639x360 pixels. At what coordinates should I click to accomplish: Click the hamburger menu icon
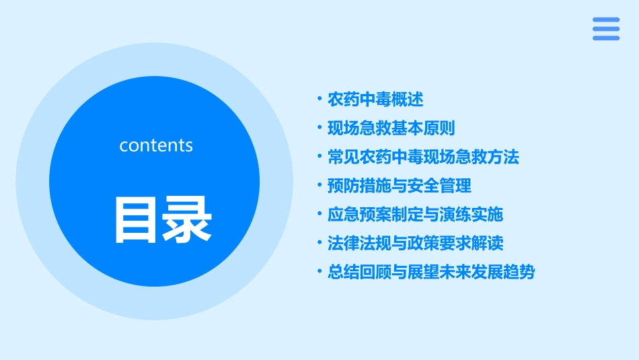pos(606,29)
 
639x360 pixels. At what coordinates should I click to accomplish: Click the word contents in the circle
pos(156,145)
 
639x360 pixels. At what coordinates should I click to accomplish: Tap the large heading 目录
pos(163,219)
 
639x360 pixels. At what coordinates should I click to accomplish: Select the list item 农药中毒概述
pos(375,100)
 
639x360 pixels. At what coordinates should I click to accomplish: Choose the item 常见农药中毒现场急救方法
pos(423,157)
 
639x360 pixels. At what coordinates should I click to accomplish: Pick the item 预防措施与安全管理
pos(400,186)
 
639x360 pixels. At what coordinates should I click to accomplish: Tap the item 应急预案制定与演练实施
pos(415,215)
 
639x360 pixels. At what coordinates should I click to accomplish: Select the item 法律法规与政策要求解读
pos(415,243)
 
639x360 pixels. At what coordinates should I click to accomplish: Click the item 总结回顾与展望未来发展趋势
pos(431,272)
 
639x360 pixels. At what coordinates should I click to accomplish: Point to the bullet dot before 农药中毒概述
pos(319,99)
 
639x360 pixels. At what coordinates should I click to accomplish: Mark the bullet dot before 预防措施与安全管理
pos(319,185)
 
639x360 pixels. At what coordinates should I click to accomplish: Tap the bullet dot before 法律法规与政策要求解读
pos(319,242)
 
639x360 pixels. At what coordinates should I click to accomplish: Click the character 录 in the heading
pos(188,219)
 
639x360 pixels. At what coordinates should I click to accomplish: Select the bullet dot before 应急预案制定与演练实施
pos(319,214)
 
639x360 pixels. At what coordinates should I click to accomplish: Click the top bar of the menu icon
pos(606,20)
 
